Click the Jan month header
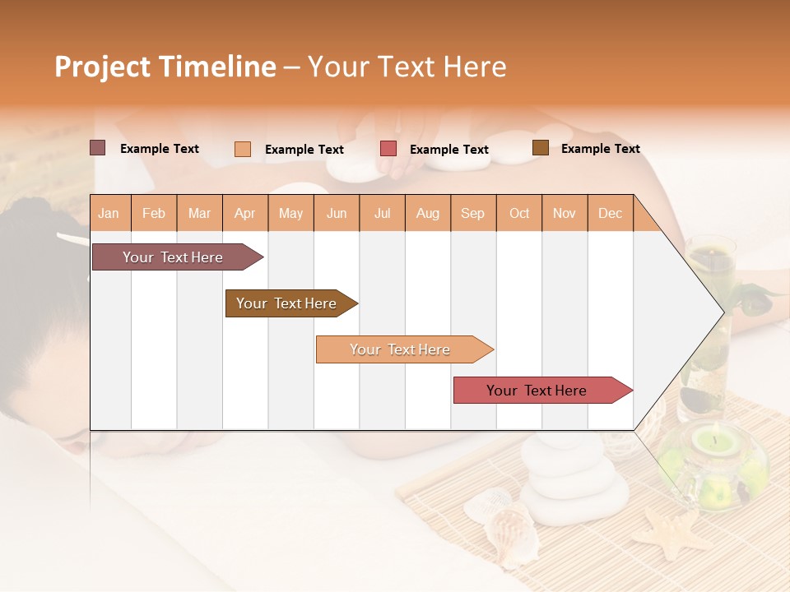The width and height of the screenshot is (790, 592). point(109,213)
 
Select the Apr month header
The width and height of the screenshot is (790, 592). point(245,213)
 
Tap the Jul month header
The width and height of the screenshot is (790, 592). point(382,213)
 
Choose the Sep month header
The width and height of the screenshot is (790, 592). point(472,213)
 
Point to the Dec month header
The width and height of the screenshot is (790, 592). point(610,213)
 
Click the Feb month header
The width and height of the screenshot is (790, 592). point(154,213)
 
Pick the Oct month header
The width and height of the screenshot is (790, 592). point(519,213)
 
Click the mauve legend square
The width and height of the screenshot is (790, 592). point(98,148)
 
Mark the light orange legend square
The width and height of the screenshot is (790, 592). point(243,149)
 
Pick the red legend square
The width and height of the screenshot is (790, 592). point(388,149)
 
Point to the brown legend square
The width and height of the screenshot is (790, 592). point(541,148)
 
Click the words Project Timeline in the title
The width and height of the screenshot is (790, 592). point(165,67)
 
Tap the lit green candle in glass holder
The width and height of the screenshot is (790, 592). point(713,460)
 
